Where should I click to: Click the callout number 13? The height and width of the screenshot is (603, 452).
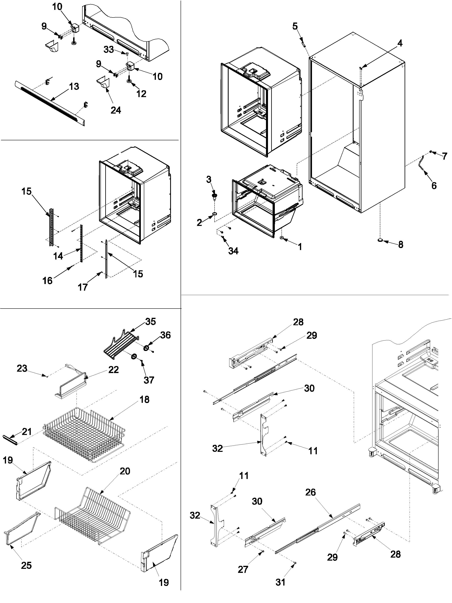tap(74, 86)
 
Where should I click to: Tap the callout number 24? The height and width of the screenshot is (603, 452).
tap(116, 110)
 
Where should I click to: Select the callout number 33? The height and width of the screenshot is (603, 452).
tap(108, 50)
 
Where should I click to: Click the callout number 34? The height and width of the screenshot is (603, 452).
tap(233, 251)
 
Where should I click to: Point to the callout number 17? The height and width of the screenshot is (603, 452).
tap(83, 287)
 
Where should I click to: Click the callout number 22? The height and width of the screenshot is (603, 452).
tap(113, 370)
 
